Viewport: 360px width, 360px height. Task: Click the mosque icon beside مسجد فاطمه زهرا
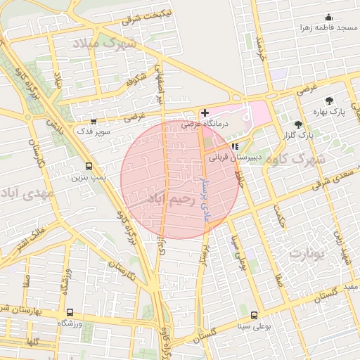tap(328, 18)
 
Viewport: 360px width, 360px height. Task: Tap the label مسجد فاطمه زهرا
tap(324, 28)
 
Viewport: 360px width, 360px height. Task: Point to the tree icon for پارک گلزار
tap(299, 124)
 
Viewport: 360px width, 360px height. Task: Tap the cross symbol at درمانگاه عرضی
tap(205, 112)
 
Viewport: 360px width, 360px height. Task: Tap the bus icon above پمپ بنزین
tap(89, 167)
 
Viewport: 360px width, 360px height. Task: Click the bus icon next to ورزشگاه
tap(69, 312)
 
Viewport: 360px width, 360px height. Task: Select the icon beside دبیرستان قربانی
tap(235, 146)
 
